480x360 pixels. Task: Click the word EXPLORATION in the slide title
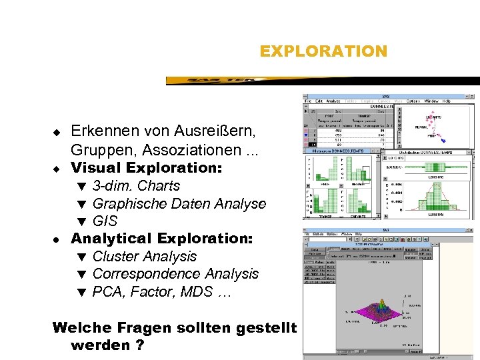[x=323, y=51]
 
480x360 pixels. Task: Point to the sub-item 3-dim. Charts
[x=136, y=185]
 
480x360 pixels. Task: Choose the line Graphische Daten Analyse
[x=179, y=203]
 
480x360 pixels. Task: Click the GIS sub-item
[x=105, y=221]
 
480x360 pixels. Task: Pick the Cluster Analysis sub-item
[x=145, y=256]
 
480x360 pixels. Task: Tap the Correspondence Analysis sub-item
[x=175, y=273]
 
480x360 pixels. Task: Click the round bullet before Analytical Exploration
[x=57, y=239]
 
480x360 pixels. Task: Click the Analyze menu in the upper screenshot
[x=333, y=101]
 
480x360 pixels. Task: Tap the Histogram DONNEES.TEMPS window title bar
[x=340, y=152]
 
